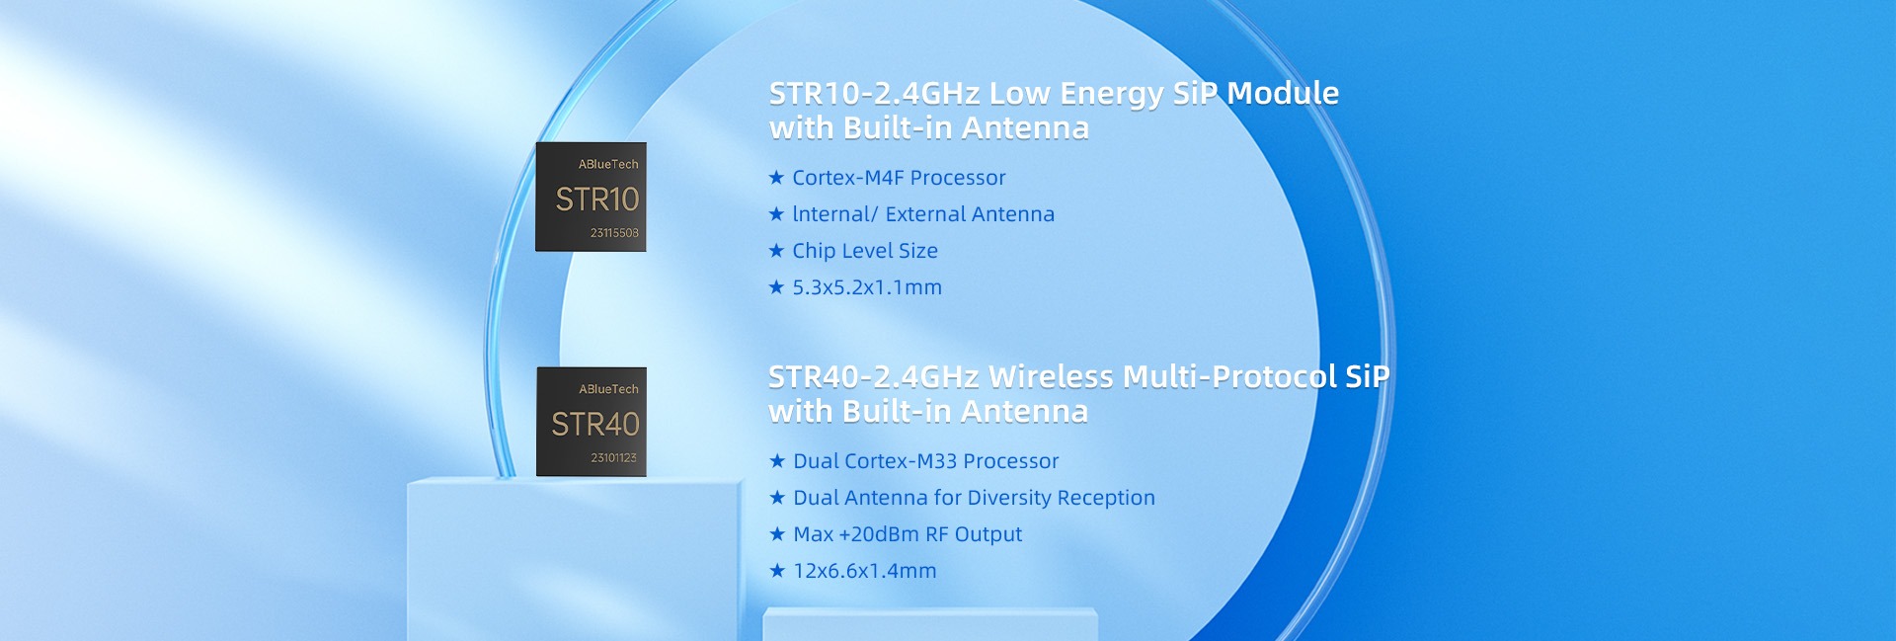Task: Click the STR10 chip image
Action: point(591,197)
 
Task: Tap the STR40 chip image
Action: point(592,422)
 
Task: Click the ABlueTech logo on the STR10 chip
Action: point(608,164)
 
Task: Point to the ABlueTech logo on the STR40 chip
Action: point(608,389)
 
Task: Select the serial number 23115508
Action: point(614,233)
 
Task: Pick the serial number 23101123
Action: point(613,458)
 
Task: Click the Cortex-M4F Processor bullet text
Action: point(899,178)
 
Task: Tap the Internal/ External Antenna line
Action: point(923,214)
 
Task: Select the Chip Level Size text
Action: point(865,251)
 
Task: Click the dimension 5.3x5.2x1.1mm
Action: point(867,287)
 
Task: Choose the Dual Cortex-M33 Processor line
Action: point(926,461)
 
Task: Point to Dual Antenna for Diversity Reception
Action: point(974,498)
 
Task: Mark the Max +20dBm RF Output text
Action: point(908,534)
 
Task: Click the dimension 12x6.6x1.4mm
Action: point(865,571)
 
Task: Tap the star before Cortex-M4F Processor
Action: point(776,178)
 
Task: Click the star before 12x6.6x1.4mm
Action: point(777,571)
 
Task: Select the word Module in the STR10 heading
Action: point(1283,93)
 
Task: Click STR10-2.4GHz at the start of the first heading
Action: point(875,93)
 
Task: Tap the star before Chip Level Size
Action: point(776,251)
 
